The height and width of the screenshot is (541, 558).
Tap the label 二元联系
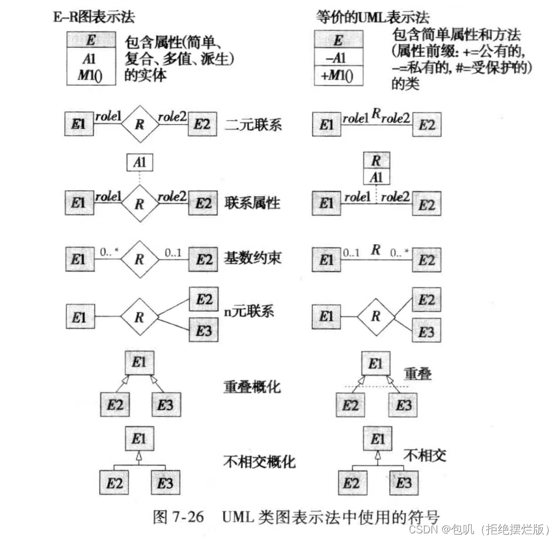[254, 125]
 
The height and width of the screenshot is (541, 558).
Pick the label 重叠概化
[252, 387]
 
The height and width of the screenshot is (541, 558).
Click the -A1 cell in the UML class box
[337, 58]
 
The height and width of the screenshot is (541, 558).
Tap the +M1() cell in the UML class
[337, 76]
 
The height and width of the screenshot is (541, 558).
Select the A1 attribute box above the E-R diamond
[139, 162]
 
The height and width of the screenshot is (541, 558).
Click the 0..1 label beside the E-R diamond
[174, 254]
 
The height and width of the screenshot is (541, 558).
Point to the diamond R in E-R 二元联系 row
[139, 125]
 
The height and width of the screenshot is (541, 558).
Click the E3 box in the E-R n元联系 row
[203, 331]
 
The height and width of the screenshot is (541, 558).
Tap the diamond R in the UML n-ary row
[376, 317]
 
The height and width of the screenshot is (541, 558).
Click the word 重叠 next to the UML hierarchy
[417, 373]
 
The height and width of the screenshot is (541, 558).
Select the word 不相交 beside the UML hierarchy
[425, 455]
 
